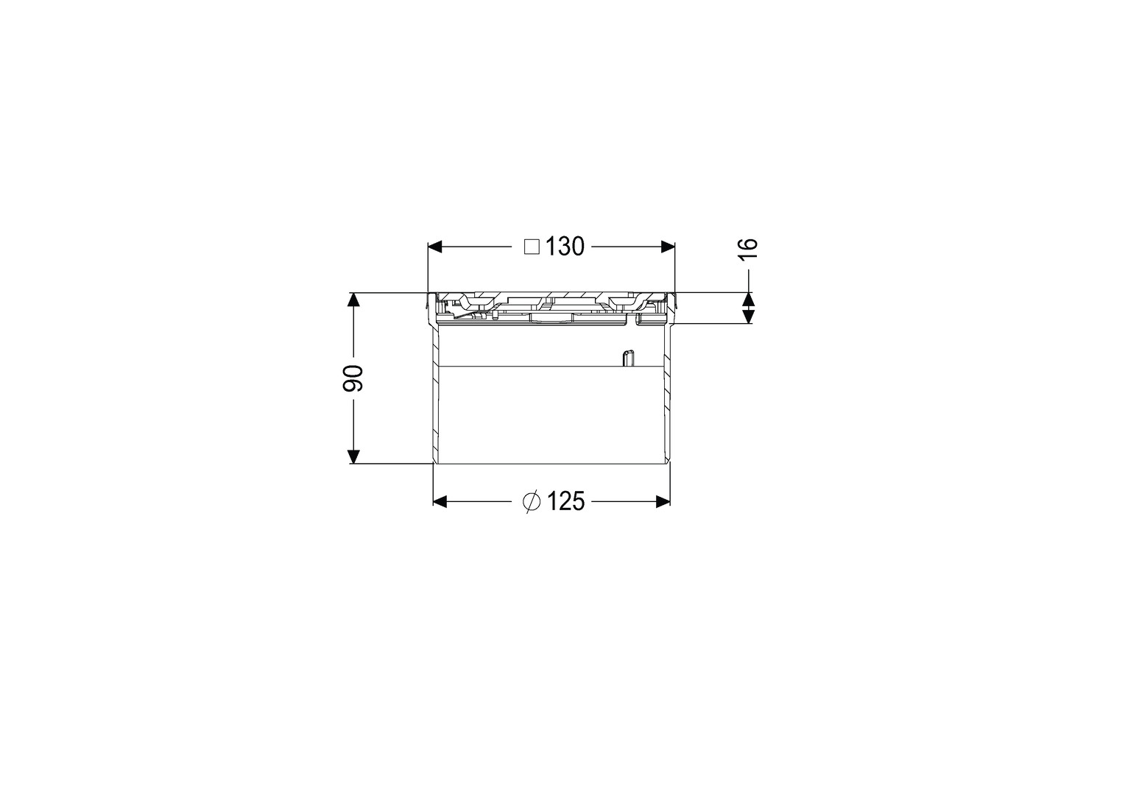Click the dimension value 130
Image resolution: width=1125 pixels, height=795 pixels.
(x=565, y=247)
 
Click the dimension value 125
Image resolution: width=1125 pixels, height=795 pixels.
(x=565, y=501)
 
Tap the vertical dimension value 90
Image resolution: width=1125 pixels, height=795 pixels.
(x=353, y=378)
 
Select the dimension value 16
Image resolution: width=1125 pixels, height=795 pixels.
(x=747, y=249)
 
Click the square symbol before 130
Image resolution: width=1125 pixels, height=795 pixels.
(x=532, y=247)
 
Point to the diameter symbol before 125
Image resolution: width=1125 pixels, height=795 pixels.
(x=531, y=501)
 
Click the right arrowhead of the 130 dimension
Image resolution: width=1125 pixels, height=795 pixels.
(x=668, y=247)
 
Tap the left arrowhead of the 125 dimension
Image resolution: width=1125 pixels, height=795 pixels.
(x=440, y=501)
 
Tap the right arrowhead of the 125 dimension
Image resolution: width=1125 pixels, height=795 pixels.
(x=663, y=501)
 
